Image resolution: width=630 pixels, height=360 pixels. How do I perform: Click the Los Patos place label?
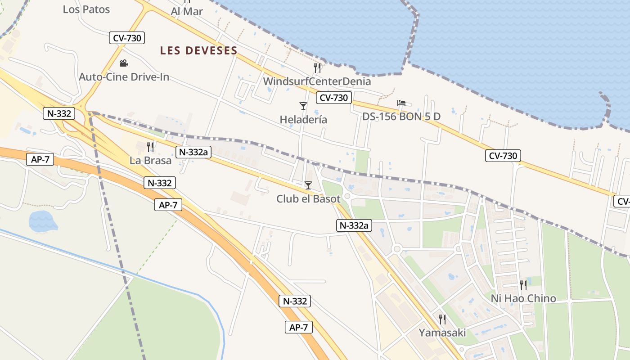coord(86,9)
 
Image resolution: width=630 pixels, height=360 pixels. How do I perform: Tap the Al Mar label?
coord(187,12)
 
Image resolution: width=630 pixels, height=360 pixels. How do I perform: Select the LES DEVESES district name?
coord(198,51)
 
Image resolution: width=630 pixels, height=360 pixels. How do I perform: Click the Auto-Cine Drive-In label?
coord(124,77)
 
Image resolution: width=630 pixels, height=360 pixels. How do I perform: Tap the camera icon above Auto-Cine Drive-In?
coord(124,63)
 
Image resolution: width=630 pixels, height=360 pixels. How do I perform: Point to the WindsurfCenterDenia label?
coord(317,81)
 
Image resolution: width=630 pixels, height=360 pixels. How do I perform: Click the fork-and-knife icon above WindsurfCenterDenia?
coord(318,68)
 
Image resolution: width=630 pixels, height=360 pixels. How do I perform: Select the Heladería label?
coord(303,120)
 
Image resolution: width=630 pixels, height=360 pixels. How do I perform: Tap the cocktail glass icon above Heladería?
coord(303,106)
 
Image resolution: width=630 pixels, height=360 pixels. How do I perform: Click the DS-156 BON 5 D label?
coord(401,117)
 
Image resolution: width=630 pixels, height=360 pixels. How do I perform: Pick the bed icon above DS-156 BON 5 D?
coord(401,103)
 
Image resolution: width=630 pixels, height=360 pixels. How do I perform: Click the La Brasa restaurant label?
coord(151,160)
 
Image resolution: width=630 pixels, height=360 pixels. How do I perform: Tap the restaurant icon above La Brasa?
coord(151,147)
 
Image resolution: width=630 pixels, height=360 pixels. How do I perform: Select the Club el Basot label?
coord(308,198)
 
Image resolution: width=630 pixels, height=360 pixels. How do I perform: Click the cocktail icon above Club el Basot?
coord(308,185)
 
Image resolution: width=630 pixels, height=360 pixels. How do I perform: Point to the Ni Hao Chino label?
coord(523,298)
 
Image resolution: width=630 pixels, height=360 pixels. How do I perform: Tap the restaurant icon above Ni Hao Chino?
coord(523,285)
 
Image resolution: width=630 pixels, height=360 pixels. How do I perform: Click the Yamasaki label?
coord(442,333)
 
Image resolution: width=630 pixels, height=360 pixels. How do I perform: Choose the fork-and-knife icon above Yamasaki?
coord(442,319)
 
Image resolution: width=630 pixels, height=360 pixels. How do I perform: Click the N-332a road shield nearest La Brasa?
coord(193,152)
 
